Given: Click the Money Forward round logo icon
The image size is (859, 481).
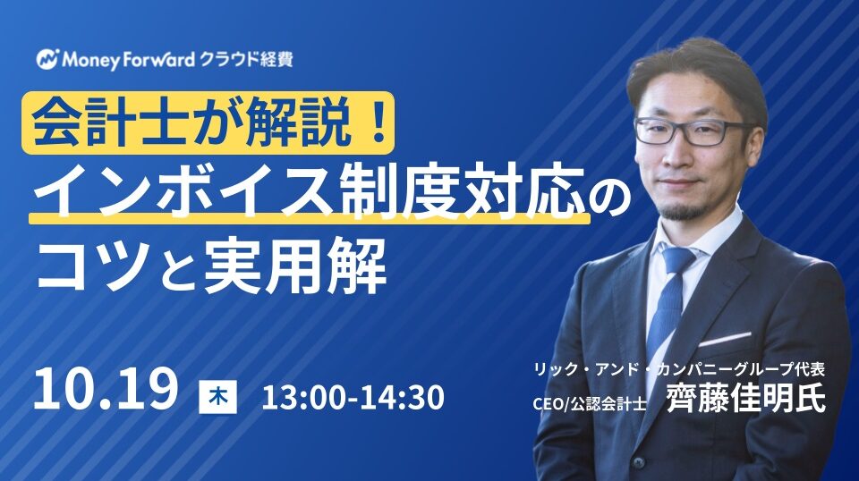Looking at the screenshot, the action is (47, 58).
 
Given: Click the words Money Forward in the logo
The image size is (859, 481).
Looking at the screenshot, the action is (129, 59).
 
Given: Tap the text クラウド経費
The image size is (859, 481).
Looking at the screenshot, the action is (247, 58).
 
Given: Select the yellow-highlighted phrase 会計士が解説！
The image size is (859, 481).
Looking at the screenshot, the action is (208, 122).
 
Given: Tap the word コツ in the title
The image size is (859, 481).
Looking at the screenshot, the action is (92, 266).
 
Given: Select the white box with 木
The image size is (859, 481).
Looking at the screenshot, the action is (218, 397).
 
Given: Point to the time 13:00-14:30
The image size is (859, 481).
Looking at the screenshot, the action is (353, 397).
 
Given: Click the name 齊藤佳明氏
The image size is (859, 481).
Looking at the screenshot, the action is (745, 399).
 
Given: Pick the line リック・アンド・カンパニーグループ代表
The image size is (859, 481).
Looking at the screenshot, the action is (679, 369).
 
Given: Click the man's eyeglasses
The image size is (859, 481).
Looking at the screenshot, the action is (692, 131).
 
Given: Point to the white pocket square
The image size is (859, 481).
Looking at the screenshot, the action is (724, 339).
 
